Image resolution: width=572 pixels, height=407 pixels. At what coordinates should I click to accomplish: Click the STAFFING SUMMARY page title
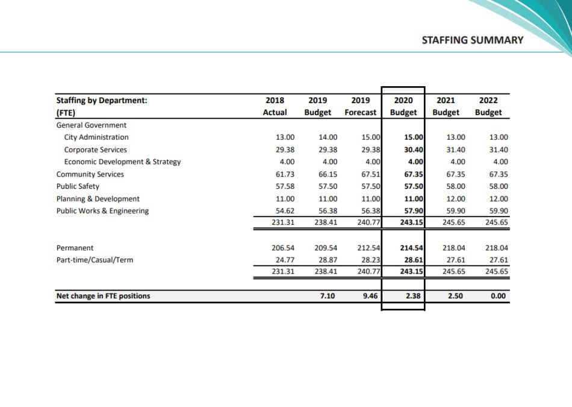tap(473, 40)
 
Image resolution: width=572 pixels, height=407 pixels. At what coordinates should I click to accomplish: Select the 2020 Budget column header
tap(403, 106)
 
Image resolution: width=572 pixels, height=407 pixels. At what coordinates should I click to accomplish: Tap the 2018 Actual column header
tap(275, 106)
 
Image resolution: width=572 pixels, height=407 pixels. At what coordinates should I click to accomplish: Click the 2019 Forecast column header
tap(361, 106)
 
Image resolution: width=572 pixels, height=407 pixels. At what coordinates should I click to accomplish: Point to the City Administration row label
tap(96, 137)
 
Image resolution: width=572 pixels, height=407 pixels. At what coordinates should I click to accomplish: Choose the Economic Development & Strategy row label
tap(122, 162)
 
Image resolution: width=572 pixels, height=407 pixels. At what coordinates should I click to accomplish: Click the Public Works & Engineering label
tap(102, 211)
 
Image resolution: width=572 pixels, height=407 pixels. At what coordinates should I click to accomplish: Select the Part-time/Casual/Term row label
tap(95, 260)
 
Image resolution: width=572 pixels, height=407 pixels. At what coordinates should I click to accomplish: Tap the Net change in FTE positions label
tap(103, 296)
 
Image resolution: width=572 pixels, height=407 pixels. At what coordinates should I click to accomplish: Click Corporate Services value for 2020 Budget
tap(413, 150)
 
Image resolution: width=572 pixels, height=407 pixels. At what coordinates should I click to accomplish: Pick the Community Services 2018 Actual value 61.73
tap(285, 174)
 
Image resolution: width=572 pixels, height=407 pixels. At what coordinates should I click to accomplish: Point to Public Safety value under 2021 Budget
tap(456, 186)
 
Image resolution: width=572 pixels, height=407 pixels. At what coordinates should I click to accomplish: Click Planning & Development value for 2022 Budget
tap(499, 199)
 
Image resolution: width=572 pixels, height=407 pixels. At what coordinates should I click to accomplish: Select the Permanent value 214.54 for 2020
tap(411, 248)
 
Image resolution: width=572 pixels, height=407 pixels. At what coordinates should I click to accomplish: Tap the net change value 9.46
tap(370, 296)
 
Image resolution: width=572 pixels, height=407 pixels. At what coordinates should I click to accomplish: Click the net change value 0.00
tap(499, 296)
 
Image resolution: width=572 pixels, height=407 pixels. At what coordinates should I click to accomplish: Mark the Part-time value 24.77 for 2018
tap(285, 260)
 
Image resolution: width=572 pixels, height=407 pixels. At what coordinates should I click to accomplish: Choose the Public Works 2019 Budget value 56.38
tap(328, 211)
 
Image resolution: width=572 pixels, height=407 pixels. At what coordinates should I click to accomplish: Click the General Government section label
tap(91, 125)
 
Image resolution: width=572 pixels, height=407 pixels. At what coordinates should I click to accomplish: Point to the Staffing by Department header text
tap(102, 101)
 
